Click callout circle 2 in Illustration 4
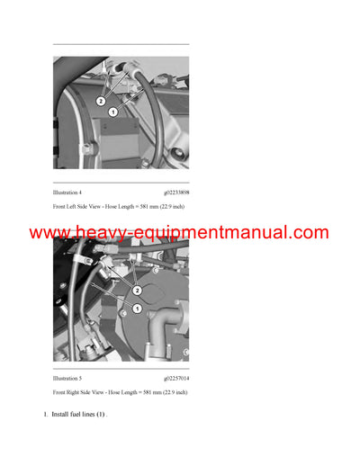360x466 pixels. pyautogui.click(x=100, y=101)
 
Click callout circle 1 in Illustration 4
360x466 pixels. pyautogui.click(x=113, y=112)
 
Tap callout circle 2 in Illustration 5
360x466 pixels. pyautogui.click(x=137, y=291)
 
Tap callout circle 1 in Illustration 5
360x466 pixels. pyautogui.click(x=137, y=309)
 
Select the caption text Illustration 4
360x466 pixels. pyautogui.click(x=67, y=193)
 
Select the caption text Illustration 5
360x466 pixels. pyautogui.click(x=67, y=379)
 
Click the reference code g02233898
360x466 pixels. pyautogui.click(x=176, y=193)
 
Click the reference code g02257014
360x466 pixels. pyautogui.click(x=176, y=379)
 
